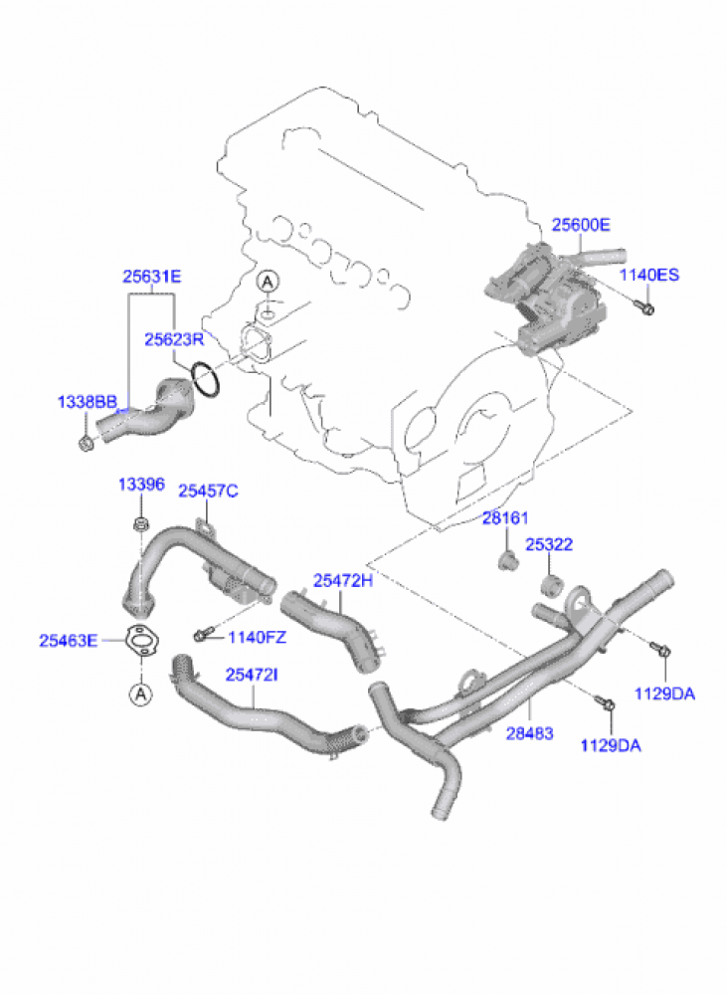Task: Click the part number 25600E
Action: pyautogui.click(x=581, y=225)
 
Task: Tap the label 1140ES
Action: pyautogui.click(x=649, y=275)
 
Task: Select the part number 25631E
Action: pyautogui.click(x=151, y=277)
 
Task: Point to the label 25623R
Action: pyautogui.click(x=174, y=339)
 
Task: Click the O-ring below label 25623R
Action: pyautogui.click(x=205, y=379)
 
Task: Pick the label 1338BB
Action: pyautogui.click(x=87, y=402)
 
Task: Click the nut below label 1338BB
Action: pyautogui.click(x=85, y=443)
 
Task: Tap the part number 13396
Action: pyautogui.click(x=141, y=485)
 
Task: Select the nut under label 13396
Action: pyautogui.click(x=140, y=524)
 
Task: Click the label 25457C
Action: pyautogui.click(x=208, y=492)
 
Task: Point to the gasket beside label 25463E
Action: pyautogui.click(x=141, y=641)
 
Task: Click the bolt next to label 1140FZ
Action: pyautogui.click(x=203, y=634)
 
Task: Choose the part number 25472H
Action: pyautogui.click(x=343, y=581)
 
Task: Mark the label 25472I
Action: pyautogui.click(x=252, y=676)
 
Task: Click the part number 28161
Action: pyautogui.click(x=505, y=518)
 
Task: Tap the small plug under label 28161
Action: pyautogui.click(x=507, y=561)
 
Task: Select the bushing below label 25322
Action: pyautogui.click(x=553, y=586)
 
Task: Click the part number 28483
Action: pyautogui.click(x=529, y=733)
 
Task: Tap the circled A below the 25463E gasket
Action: pyautogui.click(x=141, y=695)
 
